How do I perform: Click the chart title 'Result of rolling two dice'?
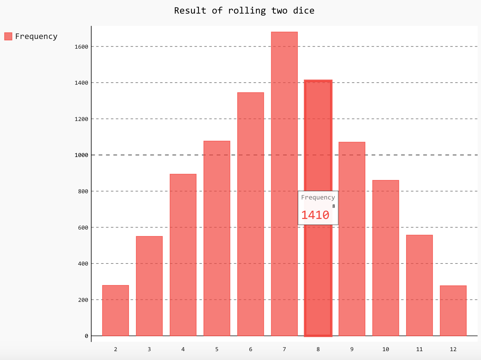pos(244,11)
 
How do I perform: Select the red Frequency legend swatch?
pos(8,36)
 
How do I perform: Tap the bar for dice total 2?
pos(115,310)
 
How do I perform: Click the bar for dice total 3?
pos(149,286)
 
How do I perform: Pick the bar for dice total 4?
pos(183,255)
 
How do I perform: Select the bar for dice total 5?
pos(217,238)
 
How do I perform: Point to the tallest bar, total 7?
pos(284,184)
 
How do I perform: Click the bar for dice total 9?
pos(352,239)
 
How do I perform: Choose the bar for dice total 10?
pos(386,258)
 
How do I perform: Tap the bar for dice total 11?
pos(419,285)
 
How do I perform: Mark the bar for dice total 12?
pos(453,311)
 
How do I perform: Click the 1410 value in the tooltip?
pos(315,215)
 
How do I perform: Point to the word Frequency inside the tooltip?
pos(318,197)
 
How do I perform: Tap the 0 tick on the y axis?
pos(86,336)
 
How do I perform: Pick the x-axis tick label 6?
pos(251,349)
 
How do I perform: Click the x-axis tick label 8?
pos(318,349)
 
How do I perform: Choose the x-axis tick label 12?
pos(453,349)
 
